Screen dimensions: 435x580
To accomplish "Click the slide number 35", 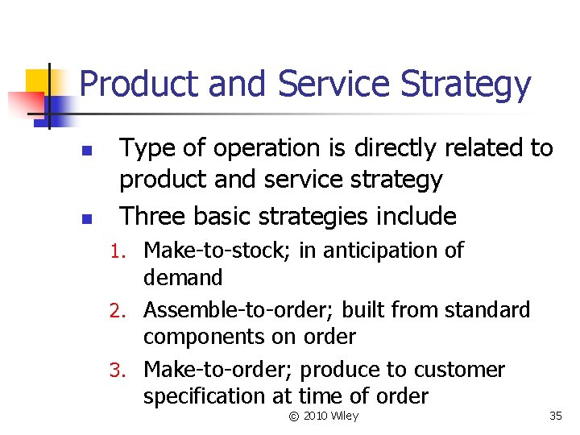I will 555,416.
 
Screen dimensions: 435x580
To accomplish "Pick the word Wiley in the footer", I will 344,416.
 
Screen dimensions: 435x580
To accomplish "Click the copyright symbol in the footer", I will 293,416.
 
